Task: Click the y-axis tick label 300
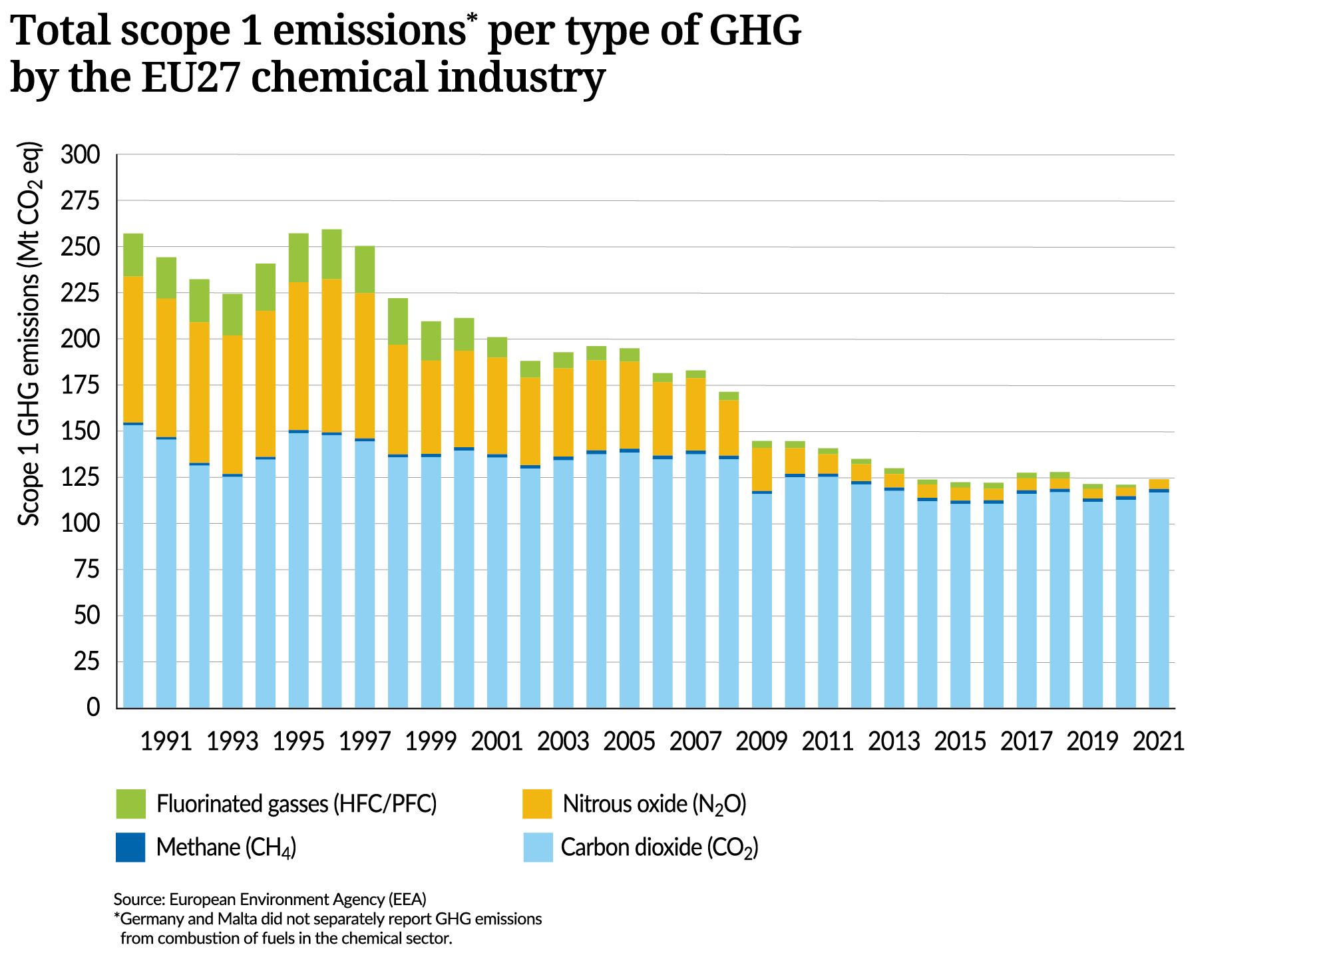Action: pyautogui.click(x=79, y=155)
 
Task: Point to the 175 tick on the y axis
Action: pyautogui.click(x=79, y=386)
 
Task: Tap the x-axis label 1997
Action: pyautogui.click(x=364, y=741)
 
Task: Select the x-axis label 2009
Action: pyautogui.click(x=761, y=741)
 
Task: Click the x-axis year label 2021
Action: pyautogui.click(x=1159, y=741)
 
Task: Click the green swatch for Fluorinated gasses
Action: pyautogui.click(x=130, y=804)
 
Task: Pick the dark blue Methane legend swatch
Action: pyautogui.click(x=130, y=847)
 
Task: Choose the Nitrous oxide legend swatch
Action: pyautogui.click(x=537, y=804)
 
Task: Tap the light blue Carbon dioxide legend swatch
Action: pyautogui.click(x=537, y=847)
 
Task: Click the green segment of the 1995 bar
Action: pyautogui.click(x=299, y=258)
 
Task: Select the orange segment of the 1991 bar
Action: pyautogui.click(x=166, y=367)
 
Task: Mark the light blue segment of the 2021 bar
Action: pyautogui.click(x=1159, y=599)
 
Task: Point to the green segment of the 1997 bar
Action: pyautogui.click(x=365, y=270)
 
